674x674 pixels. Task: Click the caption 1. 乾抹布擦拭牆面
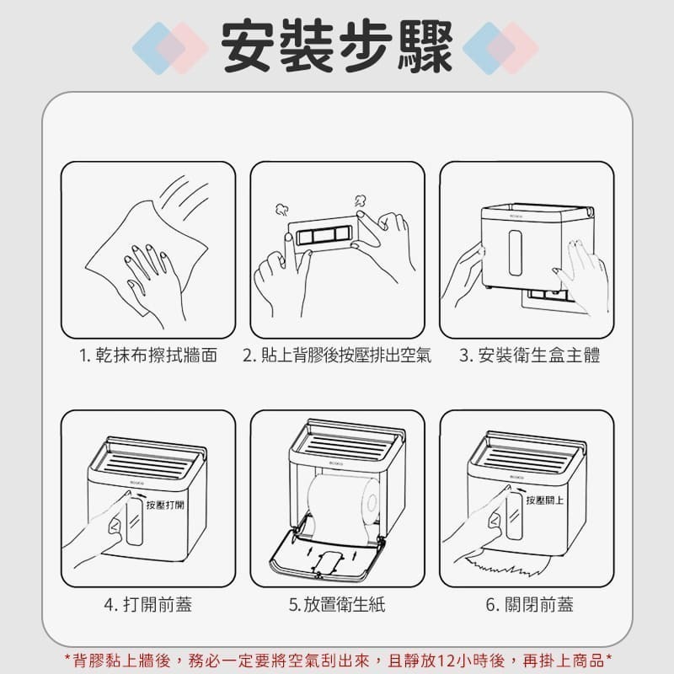[148, 356]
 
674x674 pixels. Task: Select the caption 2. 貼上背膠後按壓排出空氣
[337, 356]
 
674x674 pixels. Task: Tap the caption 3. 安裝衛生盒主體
[530, 356]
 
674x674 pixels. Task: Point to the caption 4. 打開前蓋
[147, 605]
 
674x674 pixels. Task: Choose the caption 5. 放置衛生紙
[337, 605]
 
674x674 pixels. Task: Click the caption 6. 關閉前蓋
[530, 605]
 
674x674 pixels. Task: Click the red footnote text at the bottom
[337, 659]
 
